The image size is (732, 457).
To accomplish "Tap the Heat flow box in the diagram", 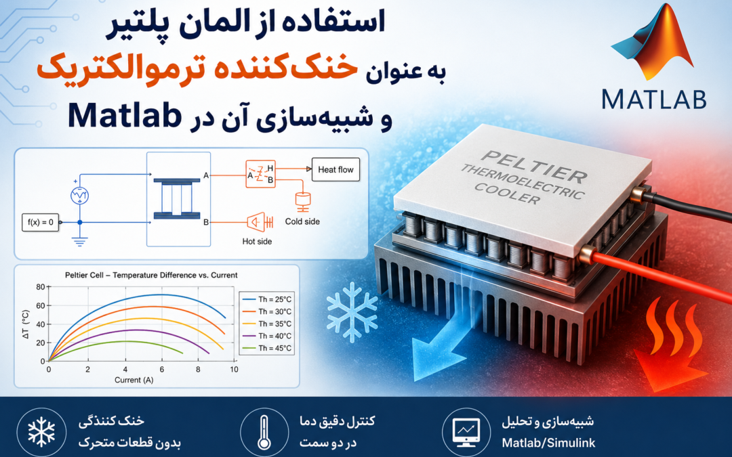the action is click(335, 170).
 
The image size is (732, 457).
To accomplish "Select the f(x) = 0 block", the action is click(41, 222).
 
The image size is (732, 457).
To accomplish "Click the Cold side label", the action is click(302, 221).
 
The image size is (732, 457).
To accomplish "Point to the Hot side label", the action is click(257, 242).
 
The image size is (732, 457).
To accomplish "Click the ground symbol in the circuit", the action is click(80, 241).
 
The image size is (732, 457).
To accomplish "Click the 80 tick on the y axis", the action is click(41, 287).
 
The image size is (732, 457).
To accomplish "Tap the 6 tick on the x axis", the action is click(161, 370).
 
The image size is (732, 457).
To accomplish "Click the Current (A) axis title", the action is click(134, 380).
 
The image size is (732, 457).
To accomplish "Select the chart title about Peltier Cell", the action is click(151, 275).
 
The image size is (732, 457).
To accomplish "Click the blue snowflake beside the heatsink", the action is click(352, 312).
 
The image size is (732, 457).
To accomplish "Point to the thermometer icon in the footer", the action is click(264, 432).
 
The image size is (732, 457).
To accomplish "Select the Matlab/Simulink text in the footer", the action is click(548, 443).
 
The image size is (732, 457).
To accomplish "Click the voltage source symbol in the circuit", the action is click(80, 196).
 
